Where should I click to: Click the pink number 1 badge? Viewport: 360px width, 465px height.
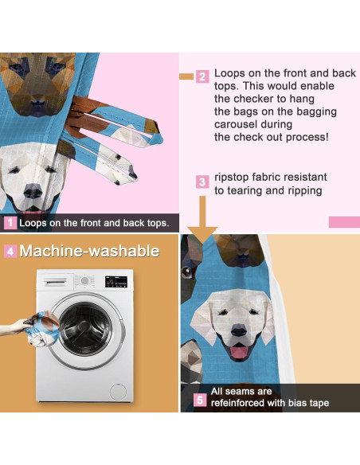tap(10, 223)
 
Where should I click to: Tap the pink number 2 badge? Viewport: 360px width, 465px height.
tap(202, 76)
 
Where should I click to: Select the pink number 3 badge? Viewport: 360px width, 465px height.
tap(202, 182)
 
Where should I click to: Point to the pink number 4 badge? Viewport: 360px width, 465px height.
tap(10, 251)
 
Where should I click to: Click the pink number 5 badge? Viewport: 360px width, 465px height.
tap(200, 400)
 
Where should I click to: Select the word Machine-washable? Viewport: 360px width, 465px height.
tap(89, 251)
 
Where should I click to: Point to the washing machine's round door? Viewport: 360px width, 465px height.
tap(87, 330)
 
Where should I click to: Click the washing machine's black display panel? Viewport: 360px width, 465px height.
tap(116, 281)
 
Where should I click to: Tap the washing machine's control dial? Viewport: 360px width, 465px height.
tap(84, 280)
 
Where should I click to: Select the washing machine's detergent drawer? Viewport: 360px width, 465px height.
tap(55, 283)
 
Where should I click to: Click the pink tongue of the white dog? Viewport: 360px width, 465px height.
tap(239, 352)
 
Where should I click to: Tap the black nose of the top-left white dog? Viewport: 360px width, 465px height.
tap(33, 191)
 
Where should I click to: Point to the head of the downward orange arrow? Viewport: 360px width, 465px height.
tap(202, 236)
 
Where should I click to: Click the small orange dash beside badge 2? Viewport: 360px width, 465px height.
tap(186, 76)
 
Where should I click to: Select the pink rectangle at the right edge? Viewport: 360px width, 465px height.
tap(344, 222)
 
